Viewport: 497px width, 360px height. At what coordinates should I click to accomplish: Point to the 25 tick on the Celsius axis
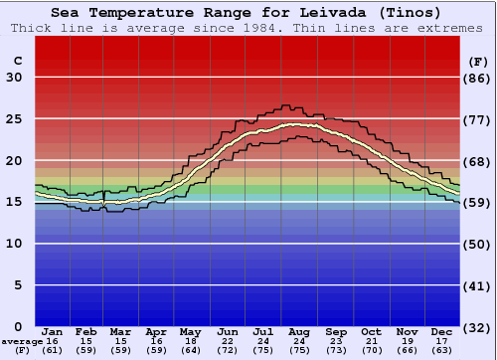tap(14, 119)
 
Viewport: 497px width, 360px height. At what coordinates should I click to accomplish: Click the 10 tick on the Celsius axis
tap(14, 244)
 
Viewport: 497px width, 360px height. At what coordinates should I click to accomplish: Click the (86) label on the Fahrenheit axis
tap(478, 78)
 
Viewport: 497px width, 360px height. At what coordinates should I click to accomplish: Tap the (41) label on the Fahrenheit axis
tap(478, 285)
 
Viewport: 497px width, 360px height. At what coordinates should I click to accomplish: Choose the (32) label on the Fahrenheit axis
tap(478, 327)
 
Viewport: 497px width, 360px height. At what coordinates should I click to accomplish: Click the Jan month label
tap(53, 331)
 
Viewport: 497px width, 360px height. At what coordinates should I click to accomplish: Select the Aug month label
tap(300, 331)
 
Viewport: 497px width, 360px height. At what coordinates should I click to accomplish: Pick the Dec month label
tap(442, 331)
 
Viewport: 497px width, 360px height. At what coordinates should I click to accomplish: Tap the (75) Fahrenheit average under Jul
tap(264, 350)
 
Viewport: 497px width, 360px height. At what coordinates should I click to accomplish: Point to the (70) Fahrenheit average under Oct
tap(371, 350)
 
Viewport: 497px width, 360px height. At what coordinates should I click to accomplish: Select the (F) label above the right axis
tap(478, 62)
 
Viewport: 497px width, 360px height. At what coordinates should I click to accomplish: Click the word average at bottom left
tap(22, 341)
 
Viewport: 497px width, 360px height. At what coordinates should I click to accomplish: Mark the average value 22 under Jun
tap(229, 341)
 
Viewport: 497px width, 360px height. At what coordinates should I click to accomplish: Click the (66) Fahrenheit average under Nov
tap(407, 350)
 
